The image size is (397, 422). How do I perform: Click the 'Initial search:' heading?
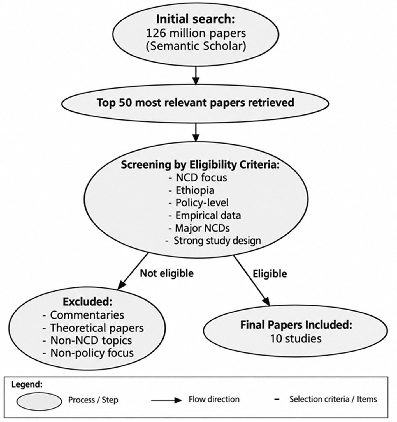coord(196,19)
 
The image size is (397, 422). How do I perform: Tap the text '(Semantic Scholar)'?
coord(196,46)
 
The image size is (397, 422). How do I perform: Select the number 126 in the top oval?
coord(156,33)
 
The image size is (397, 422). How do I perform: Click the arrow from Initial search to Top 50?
coord(196,76)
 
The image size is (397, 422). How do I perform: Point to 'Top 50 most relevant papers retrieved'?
coord(196,103)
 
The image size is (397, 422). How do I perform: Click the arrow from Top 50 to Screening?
coord(196,132)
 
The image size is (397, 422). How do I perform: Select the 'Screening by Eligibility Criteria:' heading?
coord(200,165)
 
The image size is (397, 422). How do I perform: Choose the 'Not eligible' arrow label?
coord(167,273)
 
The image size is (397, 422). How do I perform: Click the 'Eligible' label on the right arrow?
coord(270,274)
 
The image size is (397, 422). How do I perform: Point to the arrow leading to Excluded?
coord(133,271)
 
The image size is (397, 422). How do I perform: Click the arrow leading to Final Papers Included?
coord(252,280)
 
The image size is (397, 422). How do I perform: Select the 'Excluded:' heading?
coord(87,301)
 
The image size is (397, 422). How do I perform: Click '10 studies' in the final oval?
coord(296,338)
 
